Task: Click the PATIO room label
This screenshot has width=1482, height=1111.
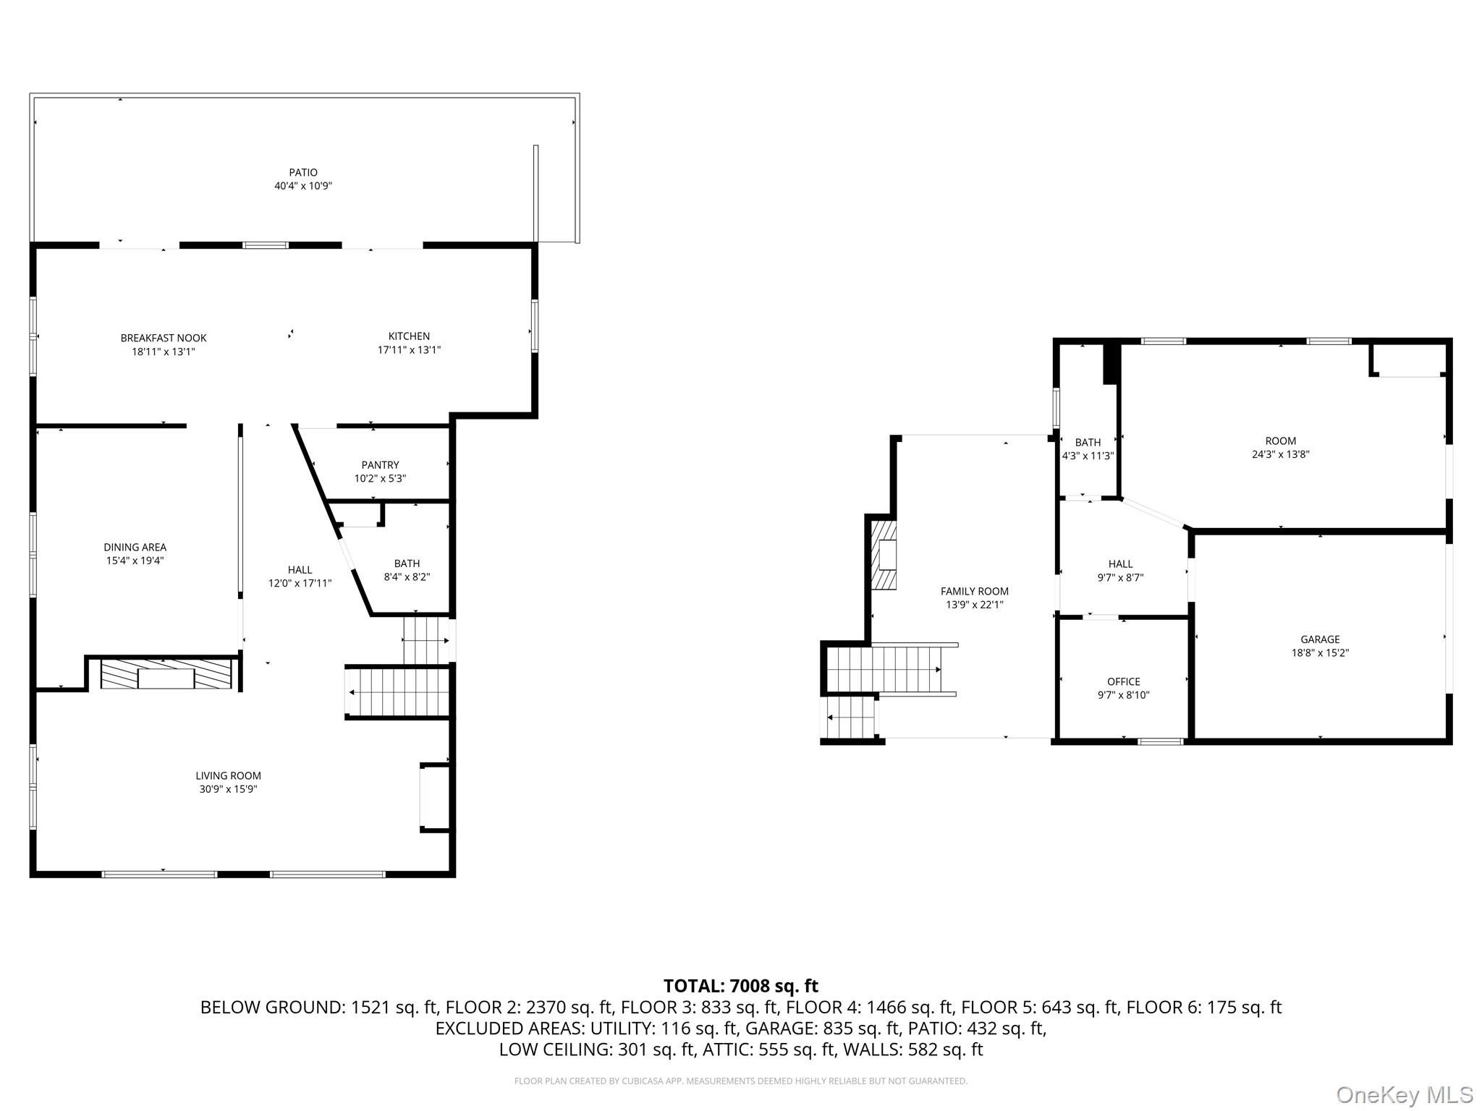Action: [303, 172]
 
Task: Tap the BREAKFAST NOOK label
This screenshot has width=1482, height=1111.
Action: [164, 338]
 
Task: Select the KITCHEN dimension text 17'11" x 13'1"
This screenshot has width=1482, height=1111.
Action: [409, 350]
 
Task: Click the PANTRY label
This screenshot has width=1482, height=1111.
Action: [380, 465]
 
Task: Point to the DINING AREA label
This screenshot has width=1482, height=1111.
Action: [135, 548]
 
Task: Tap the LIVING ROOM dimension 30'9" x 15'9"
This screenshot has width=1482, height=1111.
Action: [228, 789]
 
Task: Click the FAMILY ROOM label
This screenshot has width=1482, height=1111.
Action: [974, 591]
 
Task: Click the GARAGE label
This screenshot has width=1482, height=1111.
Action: [1320, 639]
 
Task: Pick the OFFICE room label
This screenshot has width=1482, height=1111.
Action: [1123, 681]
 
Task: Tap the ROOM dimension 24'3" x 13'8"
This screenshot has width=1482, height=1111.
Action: [1280, 455]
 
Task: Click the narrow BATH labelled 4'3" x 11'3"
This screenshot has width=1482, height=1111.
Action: [1088, 449]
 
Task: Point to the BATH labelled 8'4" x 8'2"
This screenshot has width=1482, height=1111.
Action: [407, 570]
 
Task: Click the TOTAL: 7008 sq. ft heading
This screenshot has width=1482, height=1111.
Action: [740, 986]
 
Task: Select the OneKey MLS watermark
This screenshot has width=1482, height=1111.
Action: [1404, 1094]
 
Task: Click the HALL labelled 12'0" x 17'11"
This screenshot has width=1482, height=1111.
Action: [300, 576]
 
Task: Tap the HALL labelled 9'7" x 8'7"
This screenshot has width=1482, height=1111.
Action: [1120, 571]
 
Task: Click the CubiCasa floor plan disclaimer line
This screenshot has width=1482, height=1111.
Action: [740, 1081]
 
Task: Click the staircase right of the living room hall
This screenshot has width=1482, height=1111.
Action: [398, 692]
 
